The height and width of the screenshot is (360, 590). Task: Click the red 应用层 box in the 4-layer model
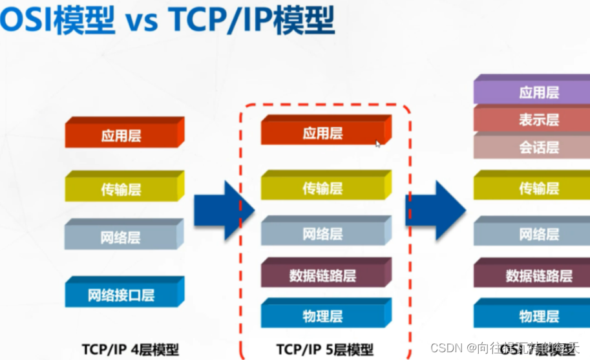click(x=121, y=135)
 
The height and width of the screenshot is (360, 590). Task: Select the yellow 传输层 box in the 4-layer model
click(x=121, y=189)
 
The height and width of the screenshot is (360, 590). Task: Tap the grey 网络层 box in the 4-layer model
click(x=121, y=237)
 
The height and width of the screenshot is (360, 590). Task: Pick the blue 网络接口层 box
click(x=121, y=295)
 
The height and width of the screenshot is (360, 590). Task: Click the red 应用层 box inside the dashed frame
click(x=323, y=133)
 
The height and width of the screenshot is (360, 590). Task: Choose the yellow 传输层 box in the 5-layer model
click(x=323, y=188)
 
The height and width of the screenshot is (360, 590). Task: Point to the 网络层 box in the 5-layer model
click(x=323, y=233)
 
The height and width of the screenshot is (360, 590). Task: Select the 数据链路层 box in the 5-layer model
click(x=323, y=275)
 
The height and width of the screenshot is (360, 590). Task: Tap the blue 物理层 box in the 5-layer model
click(x=323, y=316)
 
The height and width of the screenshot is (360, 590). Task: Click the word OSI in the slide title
click(x=19, y=21)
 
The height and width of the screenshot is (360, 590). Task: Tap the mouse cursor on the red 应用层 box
click(x=378, y=144)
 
